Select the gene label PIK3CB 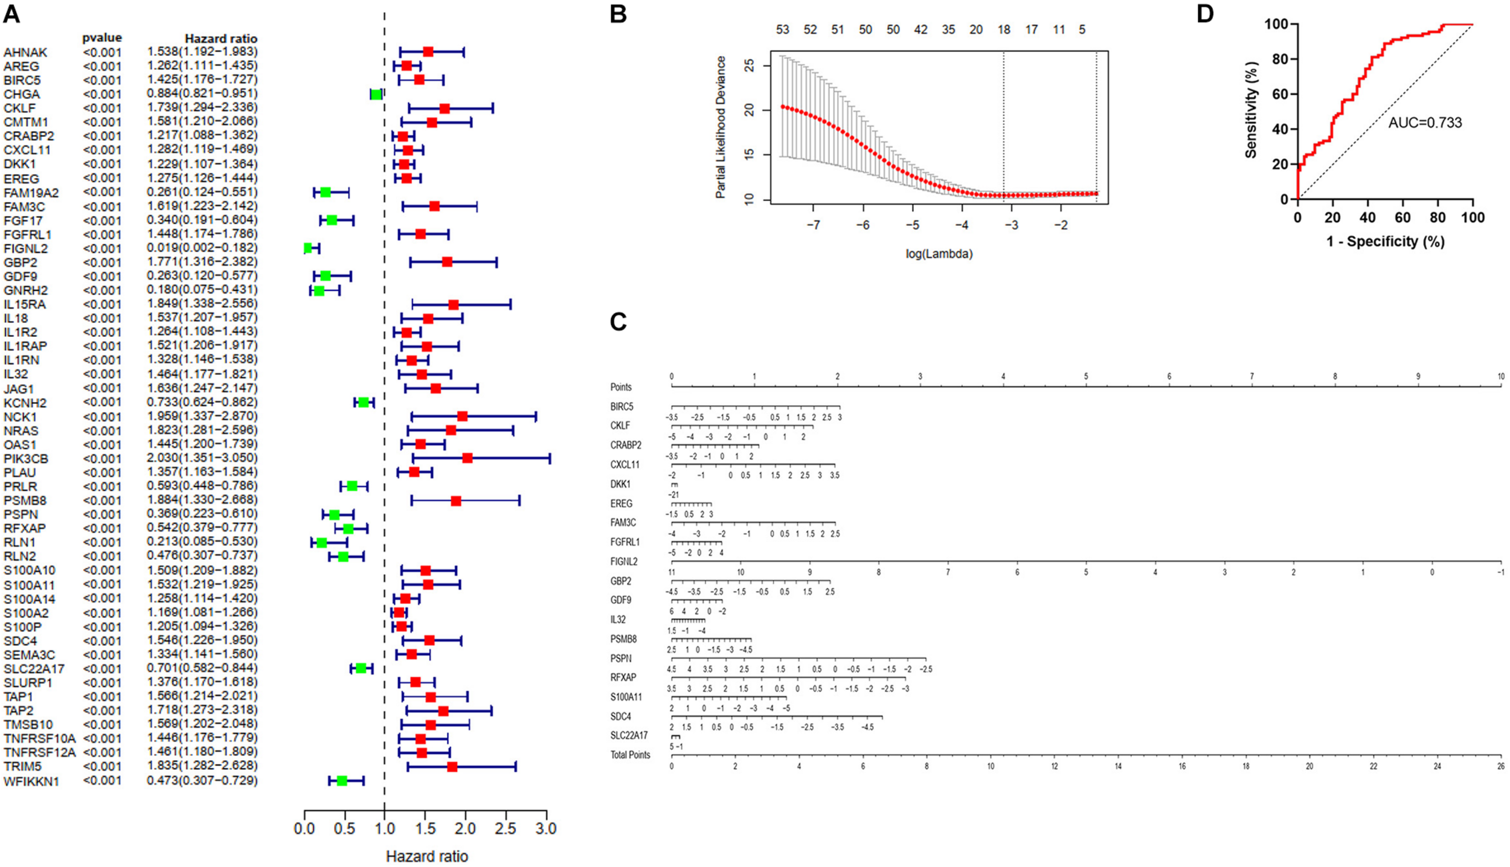click(x=26, y=459)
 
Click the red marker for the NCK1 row click(x=462, y=416)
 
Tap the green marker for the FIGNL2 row click(x=308, y=248)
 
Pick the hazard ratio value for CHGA click(x=202, y=94)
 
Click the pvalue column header click(x=102, y=38)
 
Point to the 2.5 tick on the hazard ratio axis click(x=506, y=829)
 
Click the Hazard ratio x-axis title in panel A click(x=426, y=856)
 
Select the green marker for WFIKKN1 click(x=342, y=781)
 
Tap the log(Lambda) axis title click(x=939, y=254)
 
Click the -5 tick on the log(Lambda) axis click(x=913, y=225)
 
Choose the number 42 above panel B click(x=920, y=30)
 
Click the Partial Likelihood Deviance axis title click(x=720, y=127)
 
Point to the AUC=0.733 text click(x=1425, y=123)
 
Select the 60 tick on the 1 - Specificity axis click(x=1402, y=217)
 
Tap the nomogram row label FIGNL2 click(x=624, y=561)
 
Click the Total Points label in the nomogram click(x=630, y=755)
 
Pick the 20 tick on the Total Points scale click(x=1309, y=766)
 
